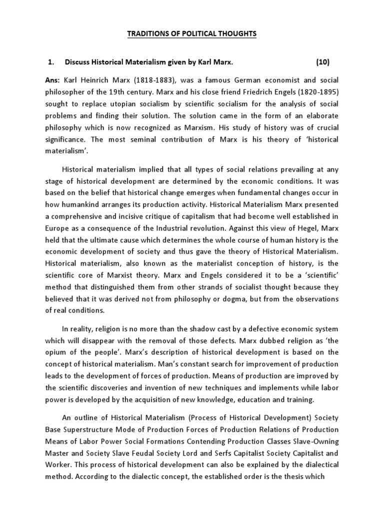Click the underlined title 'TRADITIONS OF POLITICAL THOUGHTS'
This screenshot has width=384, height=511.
click(192, 33)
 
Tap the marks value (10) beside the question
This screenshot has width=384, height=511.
click(323, 62)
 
